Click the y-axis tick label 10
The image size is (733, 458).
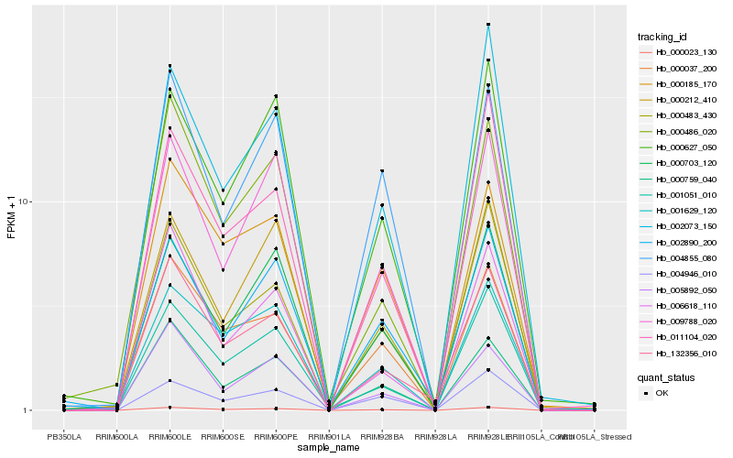(x=24, y=202)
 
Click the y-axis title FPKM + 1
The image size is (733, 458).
(x=12, y=217)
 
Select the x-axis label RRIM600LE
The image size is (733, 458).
(x=170, y=437)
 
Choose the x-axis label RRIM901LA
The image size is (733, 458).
(x=329, y=437)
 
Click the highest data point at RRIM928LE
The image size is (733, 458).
(x=488, y=25)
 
